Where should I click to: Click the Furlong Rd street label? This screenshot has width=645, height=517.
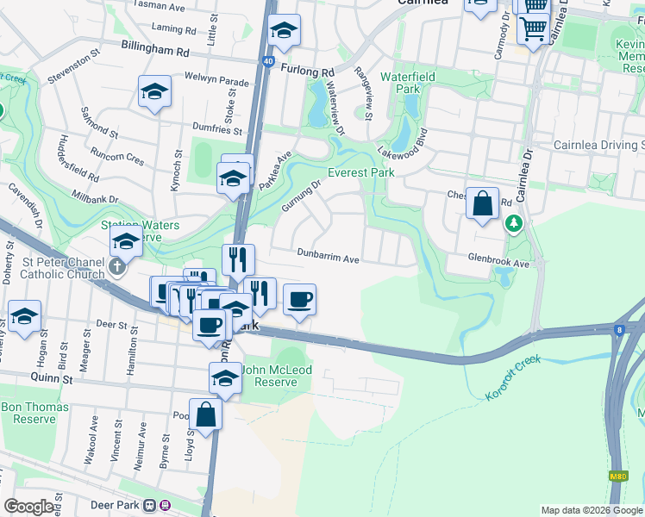(x=307, y=72)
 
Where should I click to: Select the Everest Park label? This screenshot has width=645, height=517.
(x=360, y=172)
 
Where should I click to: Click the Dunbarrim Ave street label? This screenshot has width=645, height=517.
(x=328, y=257)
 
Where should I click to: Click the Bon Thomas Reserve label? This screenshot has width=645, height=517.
(x=29, y=413)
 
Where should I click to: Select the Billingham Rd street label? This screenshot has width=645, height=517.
(x=155, y=51)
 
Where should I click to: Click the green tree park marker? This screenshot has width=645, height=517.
(x=514, y=223)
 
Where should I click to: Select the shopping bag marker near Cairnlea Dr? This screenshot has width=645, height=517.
(x=483, y=203)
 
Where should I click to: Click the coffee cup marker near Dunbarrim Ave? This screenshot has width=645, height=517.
(x=299, y=300)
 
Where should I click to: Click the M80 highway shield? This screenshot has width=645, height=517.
(x=617, y=476)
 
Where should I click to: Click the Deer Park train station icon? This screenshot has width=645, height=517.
(x=151, y=505)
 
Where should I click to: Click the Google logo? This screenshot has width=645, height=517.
(x=28, y=508)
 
